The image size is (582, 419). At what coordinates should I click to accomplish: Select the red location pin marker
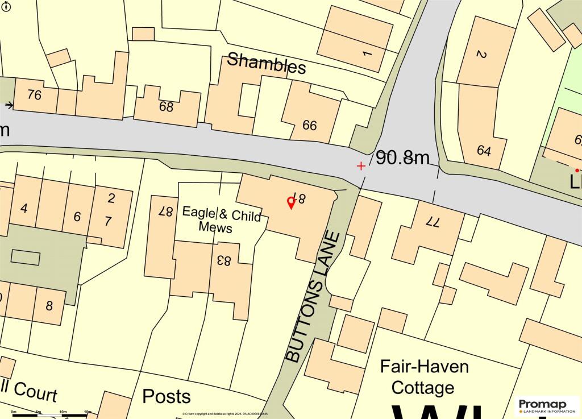click(290, 203)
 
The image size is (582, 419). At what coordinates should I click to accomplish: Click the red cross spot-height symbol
click(361, 165)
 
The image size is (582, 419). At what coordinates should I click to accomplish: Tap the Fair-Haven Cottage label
click(424, 376)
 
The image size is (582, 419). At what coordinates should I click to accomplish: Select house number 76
click(35, 95)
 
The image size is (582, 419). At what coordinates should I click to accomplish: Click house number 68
click(166, 106)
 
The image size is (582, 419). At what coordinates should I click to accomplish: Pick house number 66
click(310, 126)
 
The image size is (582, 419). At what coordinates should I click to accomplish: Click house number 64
click(484, 151)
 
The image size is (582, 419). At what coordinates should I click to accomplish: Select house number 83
click(223, 261)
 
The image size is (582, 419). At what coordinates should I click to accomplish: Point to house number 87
click(165, 211)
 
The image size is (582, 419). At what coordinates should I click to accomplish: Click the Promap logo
click(546, 405)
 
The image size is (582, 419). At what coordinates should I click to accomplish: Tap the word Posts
click(166, 396)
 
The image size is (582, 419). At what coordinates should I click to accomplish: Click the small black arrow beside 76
click(9, 105)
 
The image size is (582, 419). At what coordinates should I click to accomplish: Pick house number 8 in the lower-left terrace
click(49, 306)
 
